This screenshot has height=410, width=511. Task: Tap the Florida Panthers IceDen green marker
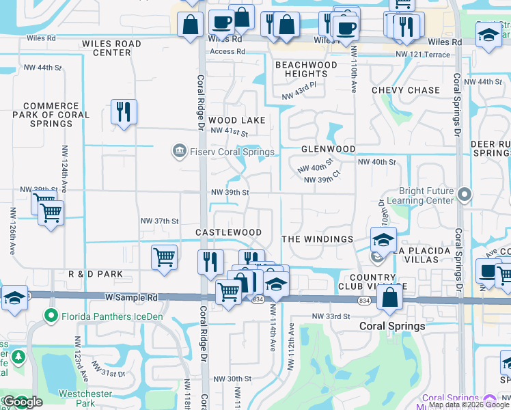click(50, 316)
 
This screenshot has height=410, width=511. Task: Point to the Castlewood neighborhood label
click(228, 232)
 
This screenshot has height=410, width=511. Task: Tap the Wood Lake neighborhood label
click(236, 120)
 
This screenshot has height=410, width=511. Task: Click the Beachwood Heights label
click(306, 69)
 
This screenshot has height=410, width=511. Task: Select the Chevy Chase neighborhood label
click(406, 90)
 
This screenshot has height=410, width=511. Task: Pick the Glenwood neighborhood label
click(328, 149)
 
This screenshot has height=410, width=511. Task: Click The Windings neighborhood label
click(317, 239)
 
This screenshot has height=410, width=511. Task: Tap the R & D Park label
click(96, 274)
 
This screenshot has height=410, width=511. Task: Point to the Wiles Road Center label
click(111, 48)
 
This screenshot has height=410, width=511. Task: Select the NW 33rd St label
click(331, 316)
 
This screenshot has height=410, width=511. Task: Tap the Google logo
click(23, 402)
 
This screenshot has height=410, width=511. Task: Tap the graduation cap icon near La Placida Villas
click(383, 240)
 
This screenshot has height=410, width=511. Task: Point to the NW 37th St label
click(159, 221)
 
